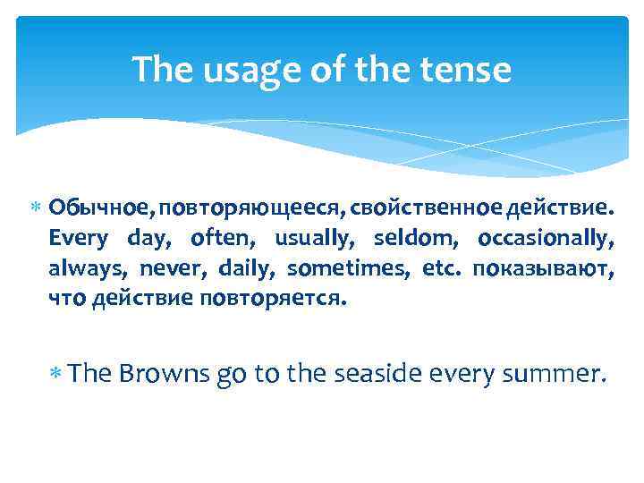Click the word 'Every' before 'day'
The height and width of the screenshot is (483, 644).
click(78, 239)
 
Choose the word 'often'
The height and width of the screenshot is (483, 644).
click(220, 239)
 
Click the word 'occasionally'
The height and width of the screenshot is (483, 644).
click(546, 239)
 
